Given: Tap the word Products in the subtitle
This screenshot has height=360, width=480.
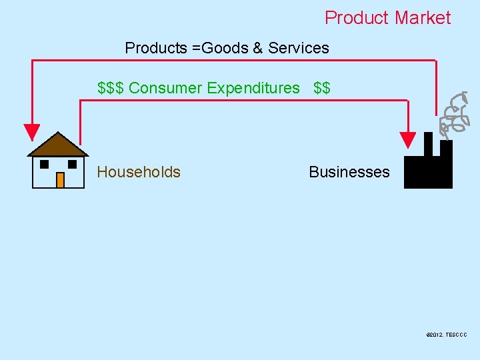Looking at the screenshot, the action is coord(156,48).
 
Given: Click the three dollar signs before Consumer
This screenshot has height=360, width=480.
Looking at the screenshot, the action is coord(111,88).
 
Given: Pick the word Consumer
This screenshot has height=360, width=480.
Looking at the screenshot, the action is coord(165,88).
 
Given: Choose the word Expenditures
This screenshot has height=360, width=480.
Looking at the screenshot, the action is coord(253,88).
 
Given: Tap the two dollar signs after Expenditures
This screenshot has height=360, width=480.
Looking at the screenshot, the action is coord(322,88).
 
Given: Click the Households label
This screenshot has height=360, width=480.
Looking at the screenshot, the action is coord(139,172).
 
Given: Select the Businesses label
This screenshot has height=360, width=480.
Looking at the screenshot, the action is coord(349,172).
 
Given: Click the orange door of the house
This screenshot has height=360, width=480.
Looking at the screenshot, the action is coord(60,180).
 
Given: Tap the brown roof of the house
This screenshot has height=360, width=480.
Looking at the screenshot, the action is coord(58,145).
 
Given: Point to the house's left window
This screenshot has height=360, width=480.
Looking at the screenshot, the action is coord(44,164).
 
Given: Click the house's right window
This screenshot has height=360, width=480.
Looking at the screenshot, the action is coord(73,164).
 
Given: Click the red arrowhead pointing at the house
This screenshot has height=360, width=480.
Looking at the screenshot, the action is coord(31,133).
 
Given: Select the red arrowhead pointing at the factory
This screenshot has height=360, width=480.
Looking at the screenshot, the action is coord(407,139).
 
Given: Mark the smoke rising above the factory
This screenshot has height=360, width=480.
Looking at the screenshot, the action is coord(453,113).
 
